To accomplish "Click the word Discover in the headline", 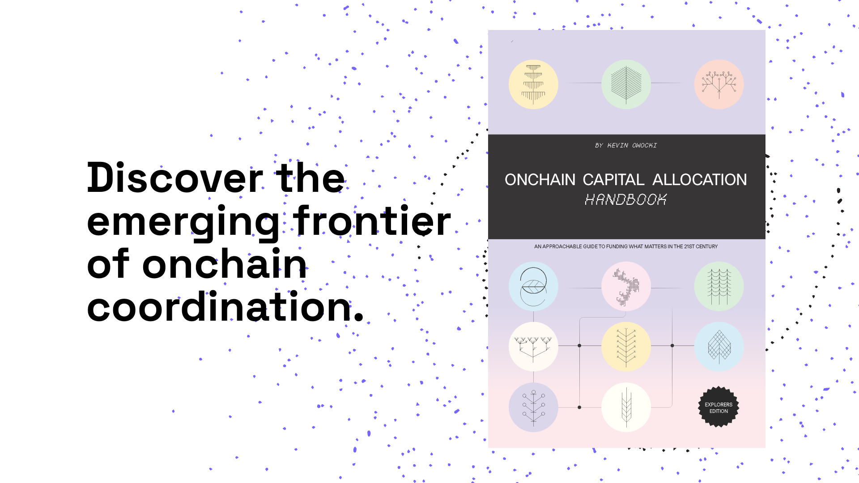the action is tap(175, 178).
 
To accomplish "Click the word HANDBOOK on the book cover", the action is tap(626, 199).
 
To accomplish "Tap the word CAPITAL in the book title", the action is tap(613, 180).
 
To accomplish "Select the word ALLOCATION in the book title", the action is tap(700, 180).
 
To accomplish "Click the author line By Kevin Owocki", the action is tap(626, 145).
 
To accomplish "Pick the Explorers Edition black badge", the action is tap(719, 407).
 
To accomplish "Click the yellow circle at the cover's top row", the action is tap(533, 85).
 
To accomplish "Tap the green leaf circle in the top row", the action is tap(626, 85).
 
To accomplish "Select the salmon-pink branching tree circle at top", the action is tap(719, 85).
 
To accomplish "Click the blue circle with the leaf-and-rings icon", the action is tap(533, 287).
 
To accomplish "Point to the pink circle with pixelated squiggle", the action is tap(626, 287).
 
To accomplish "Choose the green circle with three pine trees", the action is tap(719, 287).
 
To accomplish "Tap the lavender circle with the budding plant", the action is tap(533, 407).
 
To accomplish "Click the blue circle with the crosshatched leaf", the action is tap(719, 347).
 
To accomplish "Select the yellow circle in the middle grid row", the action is tap(626, 347).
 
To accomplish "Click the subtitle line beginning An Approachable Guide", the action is tap(626, 246).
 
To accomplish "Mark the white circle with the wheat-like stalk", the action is tap(626, 407).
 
